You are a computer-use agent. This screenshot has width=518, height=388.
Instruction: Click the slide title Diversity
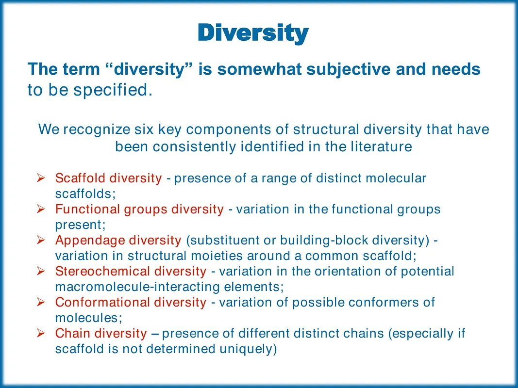(253, 33)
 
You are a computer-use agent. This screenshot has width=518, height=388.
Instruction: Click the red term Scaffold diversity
(109, 178)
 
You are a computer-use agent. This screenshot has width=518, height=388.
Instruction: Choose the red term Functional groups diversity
(140, 209)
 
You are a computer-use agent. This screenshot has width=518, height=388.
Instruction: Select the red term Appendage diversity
(118, 240)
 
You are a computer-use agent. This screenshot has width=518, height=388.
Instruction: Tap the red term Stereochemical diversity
(131, 271)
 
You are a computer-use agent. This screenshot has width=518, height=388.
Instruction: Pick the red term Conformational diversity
(131, 302)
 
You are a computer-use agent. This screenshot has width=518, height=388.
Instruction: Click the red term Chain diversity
(101, 333)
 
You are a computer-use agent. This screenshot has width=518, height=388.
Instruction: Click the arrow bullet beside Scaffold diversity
(41, 178)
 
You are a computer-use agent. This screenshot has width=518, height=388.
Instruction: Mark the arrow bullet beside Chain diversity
(41, 333)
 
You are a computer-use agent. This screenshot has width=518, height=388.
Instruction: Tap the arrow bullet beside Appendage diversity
(41, 240)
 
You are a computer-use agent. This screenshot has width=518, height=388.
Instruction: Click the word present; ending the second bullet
(80, 225)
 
